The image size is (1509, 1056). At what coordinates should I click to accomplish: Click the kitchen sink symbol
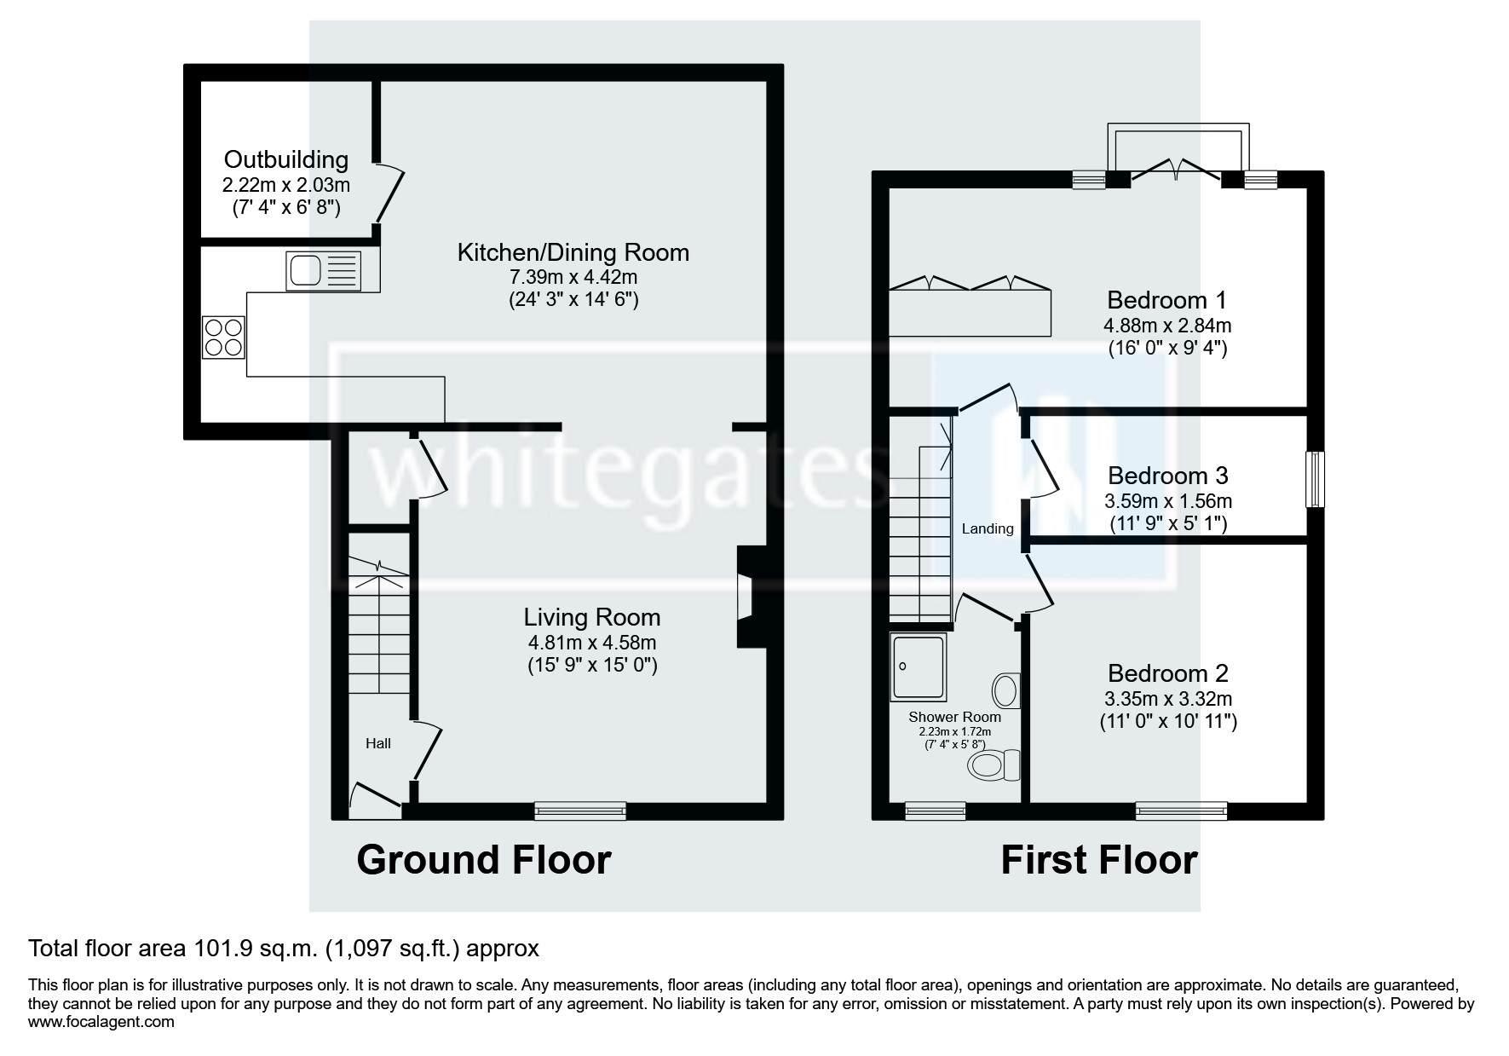323,271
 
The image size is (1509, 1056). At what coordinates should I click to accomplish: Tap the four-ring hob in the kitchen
223,337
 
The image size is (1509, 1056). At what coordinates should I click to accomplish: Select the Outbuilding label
285,159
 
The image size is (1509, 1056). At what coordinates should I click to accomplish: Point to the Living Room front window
580,811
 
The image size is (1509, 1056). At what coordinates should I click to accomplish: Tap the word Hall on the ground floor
378,743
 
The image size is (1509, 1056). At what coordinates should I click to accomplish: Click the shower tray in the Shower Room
918,667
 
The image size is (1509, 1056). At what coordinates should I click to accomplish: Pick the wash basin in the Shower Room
1006,690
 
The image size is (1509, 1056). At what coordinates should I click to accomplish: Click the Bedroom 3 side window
1316,478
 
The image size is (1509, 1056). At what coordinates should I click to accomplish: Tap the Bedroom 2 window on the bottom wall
1181,811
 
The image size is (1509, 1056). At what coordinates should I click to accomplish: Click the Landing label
988,528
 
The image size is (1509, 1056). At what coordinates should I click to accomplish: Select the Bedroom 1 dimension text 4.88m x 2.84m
1167,325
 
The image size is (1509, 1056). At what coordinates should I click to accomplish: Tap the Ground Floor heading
483,860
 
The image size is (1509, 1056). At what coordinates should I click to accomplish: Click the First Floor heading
1098,860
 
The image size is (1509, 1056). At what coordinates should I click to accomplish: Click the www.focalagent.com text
101,1021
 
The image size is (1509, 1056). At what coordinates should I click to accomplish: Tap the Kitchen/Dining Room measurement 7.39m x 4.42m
572,277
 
